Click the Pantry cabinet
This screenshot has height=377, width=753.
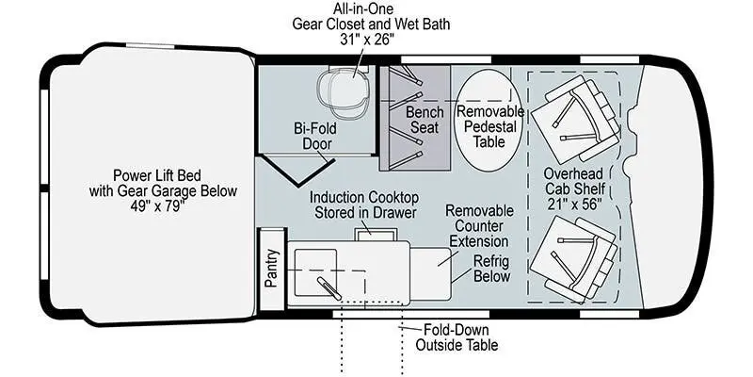(x=271, y=268)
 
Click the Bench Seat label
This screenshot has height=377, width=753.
(x=425, y=120)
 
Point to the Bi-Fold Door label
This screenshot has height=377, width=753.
(x=315, y=137)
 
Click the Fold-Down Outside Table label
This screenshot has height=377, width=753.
(x=457, y=336)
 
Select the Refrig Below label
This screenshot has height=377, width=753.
(x=490, y=269)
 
